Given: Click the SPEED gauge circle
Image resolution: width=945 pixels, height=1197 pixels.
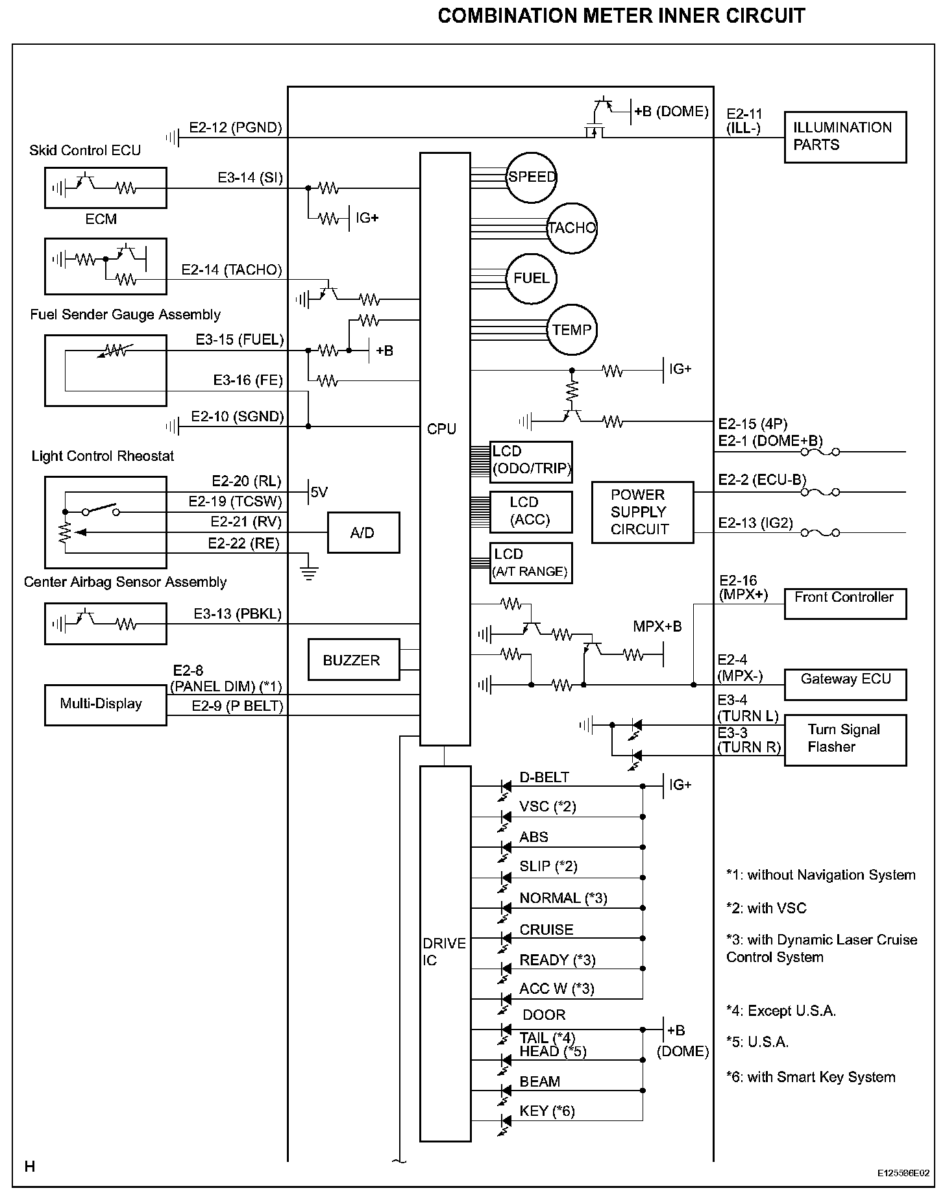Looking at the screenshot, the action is [532, 177].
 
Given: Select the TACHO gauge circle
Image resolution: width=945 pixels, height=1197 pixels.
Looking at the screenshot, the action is [572, 228].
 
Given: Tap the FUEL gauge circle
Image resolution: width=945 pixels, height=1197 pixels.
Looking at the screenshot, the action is [532, 278].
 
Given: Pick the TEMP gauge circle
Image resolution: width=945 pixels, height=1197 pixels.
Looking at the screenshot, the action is [572, 330].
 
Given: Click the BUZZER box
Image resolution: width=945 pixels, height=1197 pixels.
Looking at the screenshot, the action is [354, 660].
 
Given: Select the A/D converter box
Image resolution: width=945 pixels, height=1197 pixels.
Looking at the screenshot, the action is [363, 532].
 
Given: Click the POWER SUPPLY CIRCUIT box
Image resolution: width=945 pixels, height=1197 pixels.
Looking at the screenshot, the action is [643, 512].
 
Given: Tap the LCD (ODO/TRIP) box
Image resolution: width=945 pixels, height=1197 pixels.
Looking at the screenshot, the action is [531, 461].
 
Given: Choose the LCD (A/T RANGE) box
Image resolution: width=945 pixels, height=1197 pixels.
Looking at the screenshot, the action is [531, 563].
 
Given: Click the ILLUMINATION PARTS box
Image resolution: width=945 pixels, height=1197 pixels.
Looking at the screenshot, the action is [845, 137].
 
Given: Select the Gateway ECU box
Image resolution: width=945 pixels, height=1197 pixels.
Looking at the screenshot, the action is [845, 684].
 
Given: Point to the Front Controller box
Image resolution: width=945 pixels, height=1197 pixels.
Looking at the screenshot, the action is [845, 604].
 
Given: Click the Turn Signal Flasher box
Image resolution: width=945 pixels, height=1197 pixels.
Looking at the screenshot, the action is [845, 740].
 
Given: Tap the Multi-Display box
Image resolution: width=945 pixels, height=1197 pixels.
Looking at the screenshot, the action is [105, 704].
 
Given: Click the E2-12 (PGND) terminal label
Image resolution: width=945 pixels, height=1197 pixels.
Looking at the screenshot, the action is [236, 127].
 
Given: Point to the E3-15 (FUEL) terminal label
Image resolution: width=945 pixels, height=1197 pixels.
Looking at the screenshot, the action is [239, 339].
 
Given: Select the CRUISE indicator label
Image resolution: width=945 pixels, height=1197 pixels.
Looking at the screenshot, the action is [546, 930].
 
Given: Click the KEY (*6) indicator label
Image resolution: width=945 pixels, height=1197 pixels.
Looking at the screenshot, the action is [547, 1111].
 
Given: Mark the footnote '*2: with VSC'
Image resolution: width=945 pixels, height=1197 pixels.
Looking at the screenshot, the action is [766, 908].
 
